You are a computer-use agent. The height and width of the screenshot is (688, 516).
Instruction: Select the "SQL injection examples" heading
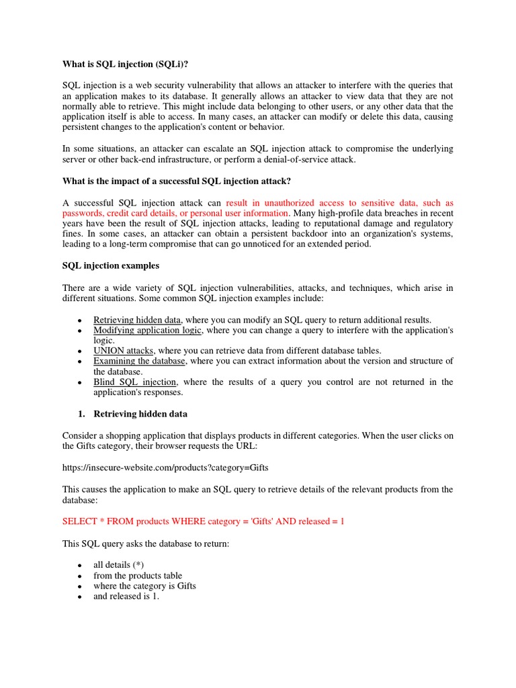pyautogui.click(x=111, y=265)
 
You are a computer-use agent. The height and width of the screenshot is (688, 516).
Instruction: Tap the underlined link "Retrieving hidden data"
pyautogui.click(x=138, y=320)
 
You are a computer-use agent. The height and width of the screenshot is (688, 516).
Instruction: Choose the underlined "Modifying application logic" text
pyautogui.click(x=148, y=331)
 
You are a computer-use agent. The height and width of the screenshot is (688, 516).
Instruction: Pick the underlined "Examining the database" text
pyautogui.click(x=139, y=361)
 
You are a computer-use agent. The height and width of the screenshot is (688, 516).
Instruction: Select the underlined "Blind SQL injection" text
pyautogui.click(x=134, y=382)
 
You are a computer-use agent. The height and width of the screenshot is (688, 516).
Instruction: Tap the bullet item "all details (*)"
pyautogui.click(x=118, y=565)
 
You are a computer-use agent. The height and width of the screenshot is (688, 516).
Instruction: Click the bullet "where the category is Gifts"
pyautogui.click(x=144, y=586)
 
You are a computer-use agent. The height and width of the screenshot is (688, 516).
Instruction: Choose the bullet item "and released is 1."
pyautogui.click(x=126, y=596)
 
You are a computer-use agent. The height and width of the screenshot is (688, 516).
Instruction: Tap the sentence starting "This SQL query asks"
pyautogui.click(x=146, y=543)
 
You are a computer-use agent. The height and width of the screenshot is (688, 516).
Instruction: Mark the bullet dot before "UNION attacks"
pyautogui.click(x=80, y=351)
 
